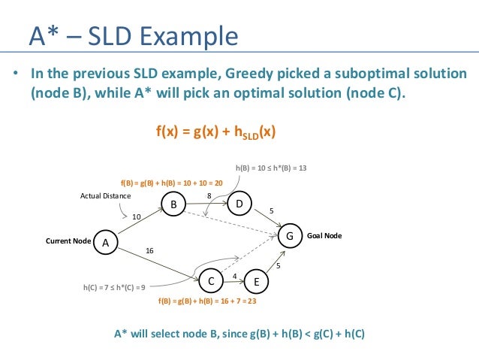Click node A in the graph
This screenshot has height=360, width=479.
point(105,242)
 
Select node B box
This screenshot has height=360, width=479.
point(173,204)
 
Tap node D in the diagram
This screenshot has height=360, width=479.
point(239,204)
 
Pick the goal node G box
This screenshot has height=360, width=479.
point(290,236)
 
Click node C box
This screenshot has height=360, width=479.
point(212,281)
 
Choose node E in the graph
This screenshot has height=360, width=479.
point(257,282)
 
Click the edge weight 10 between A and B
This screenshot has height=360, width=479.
point(136,216)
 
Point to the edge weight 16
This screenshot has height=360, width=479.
point(150,250)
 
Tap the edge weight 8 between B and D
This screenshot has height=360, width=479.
point(209,195)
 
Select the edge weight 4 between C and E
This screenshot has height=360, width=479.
point(234,276)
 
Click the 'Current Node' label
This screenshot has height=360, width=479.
point(68,241)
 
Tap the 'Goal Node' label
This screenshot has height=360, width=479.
point(324,235)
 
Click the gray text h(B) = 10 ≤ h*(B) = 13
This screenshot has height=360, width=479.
point(271,167)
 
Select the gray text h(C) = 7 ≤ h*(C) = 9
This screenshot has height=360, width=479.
point(114,286)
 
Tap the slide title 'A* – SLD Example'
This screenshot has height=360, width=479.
point(133,35)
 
